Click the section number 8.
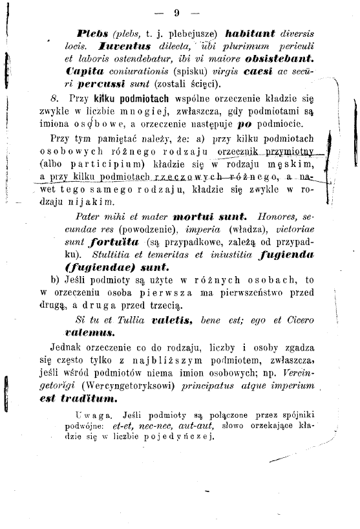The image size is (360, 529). tap(54, 98)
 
